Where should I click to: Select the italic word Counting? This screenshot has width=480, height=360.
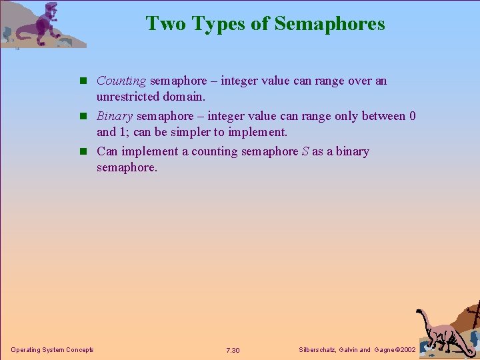click(121, 81)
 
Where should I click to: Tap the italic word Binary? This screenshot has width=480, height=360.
click(115, 116)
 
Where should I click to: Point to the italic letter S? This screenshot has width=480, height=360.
click(305, 151)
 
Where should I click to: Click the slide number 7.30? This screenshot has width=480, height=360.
click(233, 351)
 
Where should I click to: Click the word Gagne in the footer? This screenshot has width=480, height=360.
click(385, 350)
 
